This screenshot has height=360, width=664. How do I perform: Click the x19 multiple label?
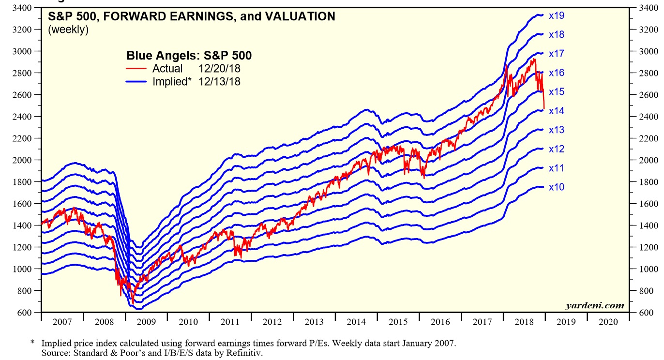[x=557, y=15]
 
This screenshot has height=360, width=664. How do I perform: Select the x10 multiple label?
[x=557, y=187]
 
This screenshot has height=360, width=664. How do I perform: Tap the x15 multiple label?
[x=557, y=92]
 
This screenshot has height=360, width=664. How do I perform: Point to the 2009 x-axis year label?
[x=146, y=322]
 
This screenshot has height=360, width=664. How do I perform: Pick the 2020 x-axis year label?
[x=608, y=322]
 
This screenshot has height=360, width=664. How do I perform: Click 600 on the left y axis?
[x=25, y=313]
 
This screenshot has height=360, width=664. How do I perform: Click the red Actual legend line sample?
[x=136, y=69]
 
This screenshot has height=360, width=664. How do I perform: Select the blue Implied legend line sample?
[x=136, y=82]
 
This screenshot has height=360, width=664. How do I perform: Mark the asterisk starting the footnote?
[x=32, y=343]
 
